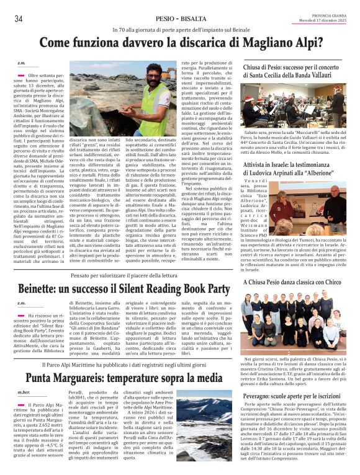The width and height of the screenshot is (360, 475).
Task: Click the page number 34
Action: coord(19,19)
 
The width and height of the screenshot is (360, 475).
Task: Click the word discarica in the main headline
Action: coord(222,43)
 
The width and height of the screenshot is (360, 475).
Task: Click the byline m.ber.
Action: coord(24,393)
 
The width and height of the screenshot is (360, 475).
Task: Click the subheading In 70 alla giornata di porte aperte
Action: coord(181,30)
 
